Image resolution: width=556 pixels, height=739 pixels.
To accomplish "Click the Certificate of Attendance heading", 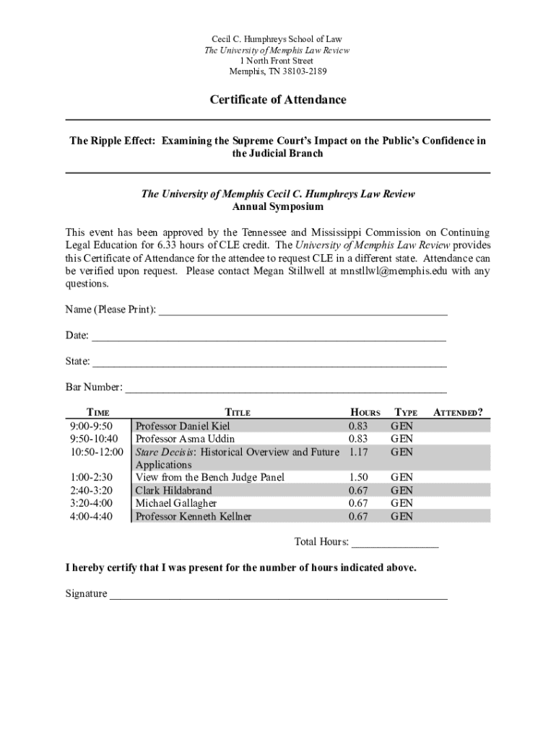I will (278, 100).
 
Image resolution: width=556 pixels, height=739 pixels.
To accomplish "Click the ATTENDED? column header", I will (457, 413).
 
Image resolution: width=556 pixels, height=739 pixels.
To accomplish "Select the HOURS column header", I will (365, 413).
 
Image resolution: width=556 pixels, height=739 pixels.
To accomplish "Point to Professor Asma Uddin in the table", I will (185, 439).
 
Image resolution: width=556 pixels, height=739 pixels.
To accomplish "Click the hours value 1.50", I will (358, 477).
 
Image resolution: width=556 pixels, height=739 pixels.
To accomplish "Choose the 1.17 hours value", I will (358, 452).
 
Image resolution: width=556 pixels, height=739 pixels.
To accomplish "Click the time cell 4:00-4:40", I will (91, 516).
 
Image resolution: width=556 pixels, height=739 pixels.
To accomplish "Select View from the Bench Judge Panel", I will (210, 477).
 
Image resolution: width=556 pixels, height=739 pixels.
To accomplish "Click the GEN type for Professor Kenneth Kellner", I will (401, 516).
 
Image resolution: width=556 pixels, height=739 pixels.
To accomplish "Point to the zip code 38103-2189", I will (300, 71).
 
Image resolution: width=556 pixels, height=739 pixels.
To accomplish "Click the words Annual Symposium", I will (278, 207).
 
